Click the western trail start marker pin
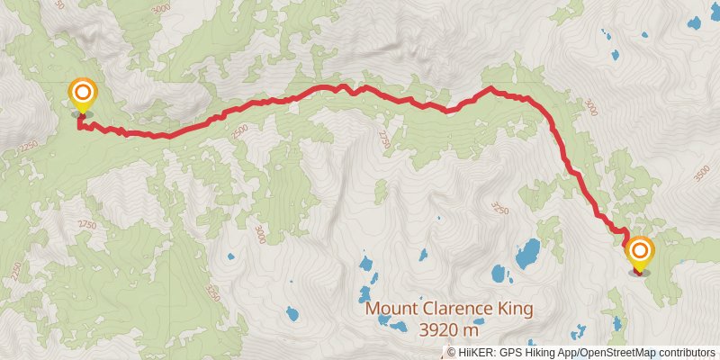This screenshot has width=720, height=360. pos(82,94)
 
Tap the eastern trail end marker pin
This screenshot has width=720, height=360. pos(640,251)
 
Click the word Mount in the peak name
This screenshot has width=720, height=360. pos(391,309)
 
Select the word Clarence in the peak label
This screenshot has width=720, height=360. pos(460,309)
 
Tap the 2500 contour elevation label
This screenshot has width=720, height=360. pos(238,131)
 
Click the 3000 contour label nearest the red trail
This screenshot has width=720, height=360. pos(589,107)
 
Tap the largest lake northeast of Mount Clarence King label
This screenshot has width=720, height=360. pos(527,253)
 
